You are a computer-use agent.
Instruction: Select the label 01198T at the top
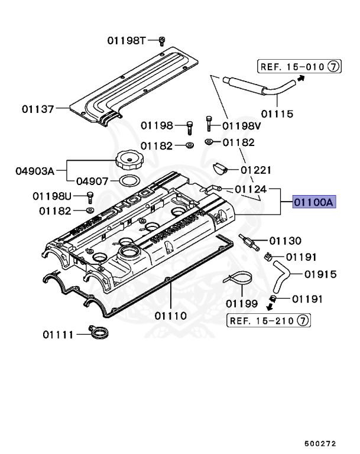point(126,40)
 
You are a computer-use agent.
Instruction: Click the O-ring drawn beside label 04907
point(129,181)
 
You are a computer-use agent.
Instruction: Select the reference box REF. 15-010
point(291,67)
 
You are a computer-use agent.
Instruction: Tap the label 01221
point(255,170)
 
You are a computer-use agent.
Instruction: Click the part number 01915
point(321,274)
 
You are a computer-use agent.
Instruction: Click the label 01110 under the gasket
point(171,316)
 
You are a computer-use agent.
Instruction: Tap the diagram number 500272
point(321,440)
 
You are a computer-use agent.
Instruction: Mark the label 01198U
point(51,196)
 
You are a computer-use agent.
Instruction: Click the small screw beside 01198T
point(161,40)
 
